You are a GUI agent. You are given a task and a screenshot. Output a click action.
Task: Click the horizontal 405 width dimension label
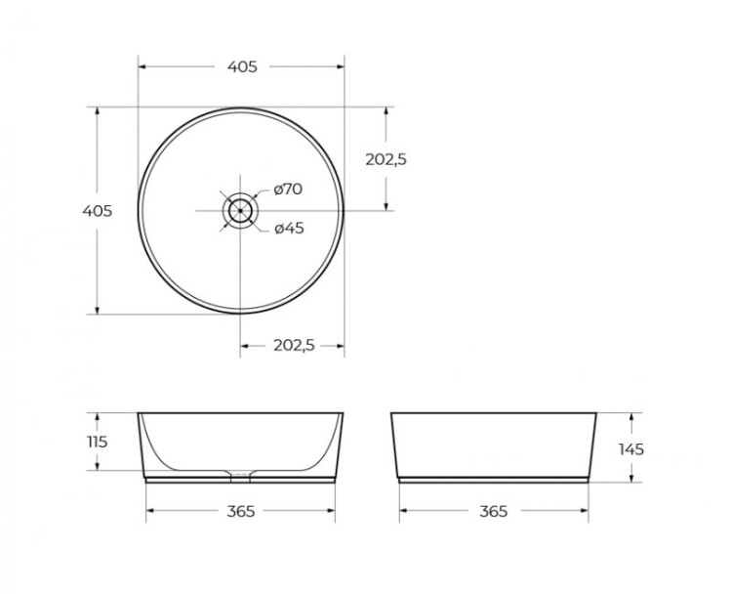pos(242,66)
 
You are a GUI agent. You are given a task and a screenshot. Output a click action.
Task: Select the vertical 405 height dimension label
pos(97,211)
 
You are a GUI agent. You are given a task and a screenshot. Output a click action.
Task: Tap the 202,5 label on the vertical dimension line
pos(385,159)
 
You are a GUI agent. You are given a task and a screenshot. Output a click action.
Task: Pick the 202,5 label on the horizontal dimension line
pos(293,345)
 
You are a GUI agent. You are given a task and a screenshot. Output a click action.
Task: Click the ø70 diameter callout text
pos(288,189)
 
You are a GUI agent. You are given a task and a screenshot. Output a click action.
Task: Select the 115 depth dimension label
pos(97,442)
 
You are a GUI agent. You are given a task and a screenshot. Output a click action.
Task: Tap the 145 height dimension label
pos(630,449)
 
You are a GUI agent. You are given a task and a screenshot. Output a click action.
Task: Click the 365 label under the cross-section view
pos(240,512)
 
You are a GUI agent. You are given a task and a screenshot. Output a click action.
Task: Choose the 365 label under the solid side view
pos(494,512)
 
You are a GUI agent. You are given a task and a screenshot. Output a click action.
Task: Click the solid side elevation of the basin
pos(494,445)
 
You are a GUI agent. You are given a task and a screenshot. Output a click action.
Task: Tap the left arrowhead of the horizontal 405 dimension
pos(142,66)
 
